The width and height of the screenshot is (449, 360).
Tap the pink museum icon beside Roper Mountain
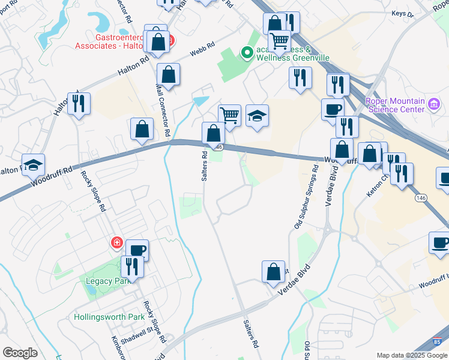coord(434,106)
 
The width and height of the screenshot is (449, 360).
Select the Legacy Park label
coord(105,281)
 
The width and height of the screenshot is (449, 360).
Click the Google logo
coord(20,353)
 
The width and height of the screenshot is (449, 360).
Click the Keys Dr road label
coord(419,13)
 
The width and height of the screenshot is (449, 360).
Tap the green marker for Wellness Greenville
coord(246,53)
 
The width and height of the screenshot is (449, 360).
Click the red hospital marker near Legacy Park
coord(116,243)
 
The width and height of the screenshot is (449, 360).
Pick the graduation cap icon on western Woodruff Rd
coord(34,164)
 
